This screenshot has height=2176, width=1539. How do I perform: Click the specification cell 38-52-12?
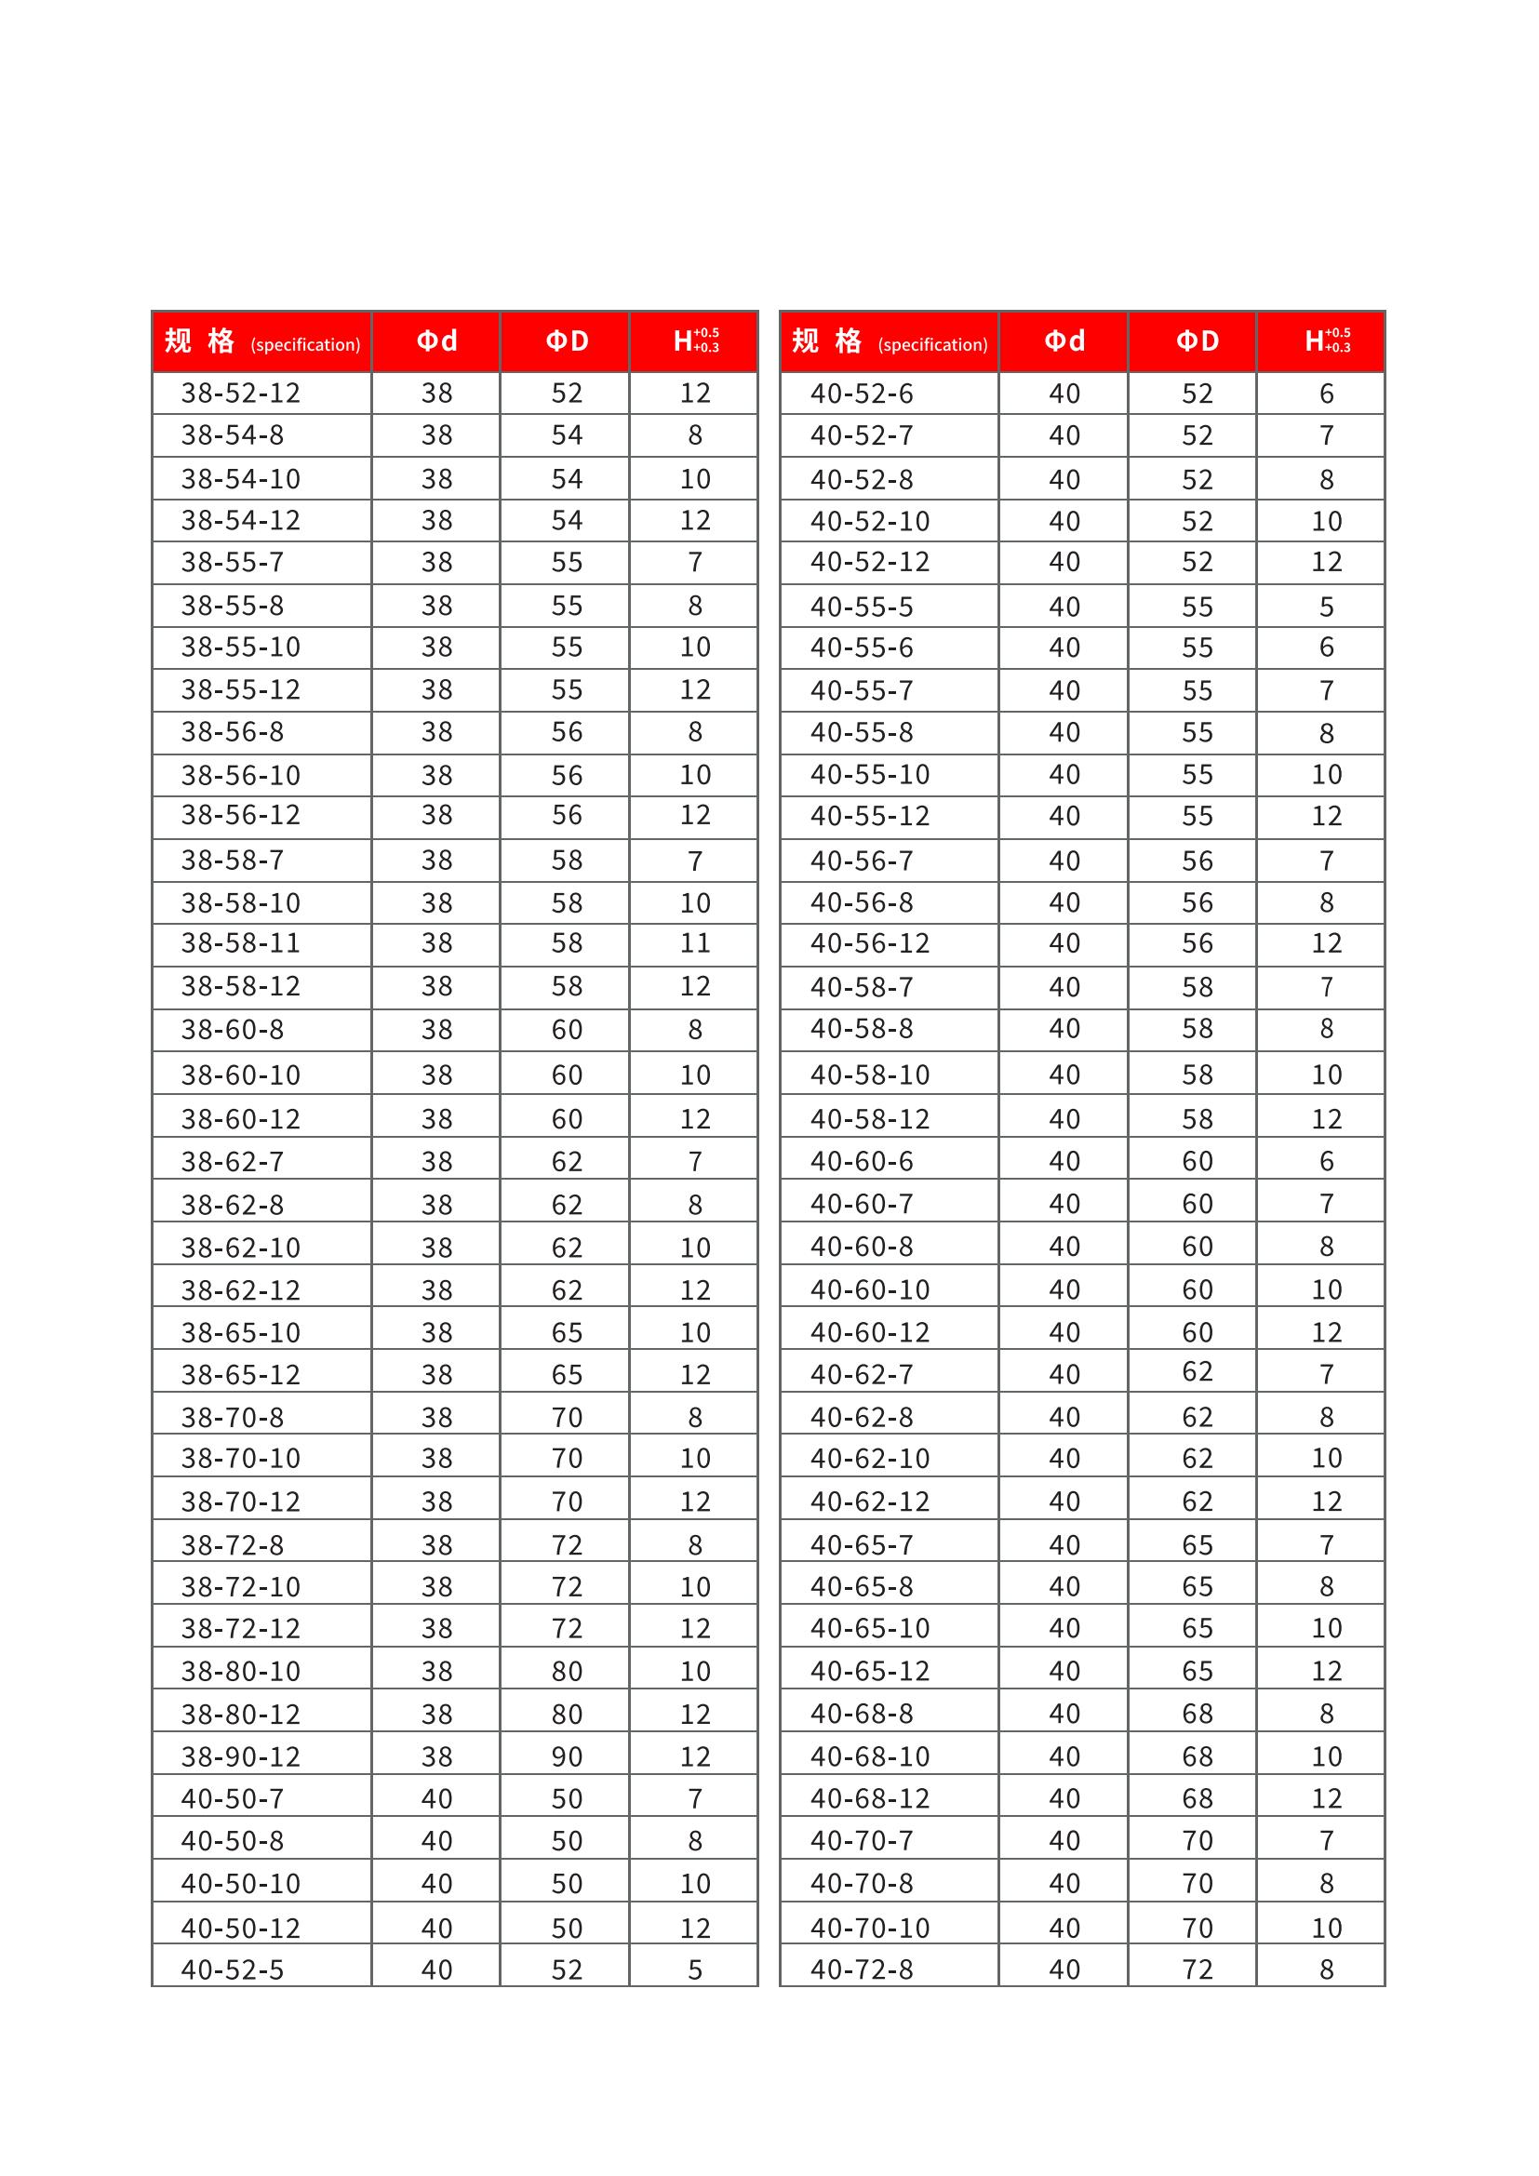pos(241,394)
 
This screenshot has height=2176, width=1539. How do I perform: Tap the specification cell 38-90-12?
pos(241,1756)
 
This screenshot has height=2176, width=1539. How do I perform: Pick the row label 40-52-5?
pos(233,1969)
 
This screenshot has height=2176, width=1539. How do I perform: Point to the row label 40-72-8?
pos(862,1969)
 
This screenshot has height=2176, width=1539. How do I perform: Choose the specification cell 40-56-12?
pos(870,943)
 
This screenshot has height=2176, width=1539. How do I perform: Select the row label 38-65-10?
pos(241,1332)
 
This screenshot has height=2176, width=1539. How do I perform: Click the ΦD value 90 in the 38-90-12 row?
pos(567,1756)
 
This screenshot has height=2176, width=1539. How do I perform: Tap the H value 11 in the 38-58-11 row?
pos(695,943)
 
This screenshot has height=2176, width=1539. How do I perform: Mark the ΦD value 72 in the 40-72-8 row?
pos(1197,1969)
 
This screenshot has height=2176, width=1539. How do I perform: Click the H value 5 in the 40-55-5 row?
pos(1326,607)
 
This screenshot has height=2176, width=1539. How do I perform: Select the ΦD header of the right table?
pos(1197,341)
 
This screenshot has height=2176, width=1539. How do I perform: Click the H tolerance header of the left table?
pos(695,341)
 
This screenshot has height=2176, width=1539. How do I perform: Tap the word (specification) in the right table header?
pos(932,345)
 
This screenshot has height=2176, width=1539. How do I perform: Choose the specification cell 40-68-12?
pos(870,1798)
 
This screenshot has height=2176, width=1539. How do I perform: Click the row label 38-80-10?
pos(241,1671)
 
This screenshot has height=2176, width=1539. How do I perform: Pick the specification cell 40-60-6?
pos(862,1161)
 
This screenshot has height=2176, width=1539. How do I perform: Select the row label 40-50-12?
pos(241,1928)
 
